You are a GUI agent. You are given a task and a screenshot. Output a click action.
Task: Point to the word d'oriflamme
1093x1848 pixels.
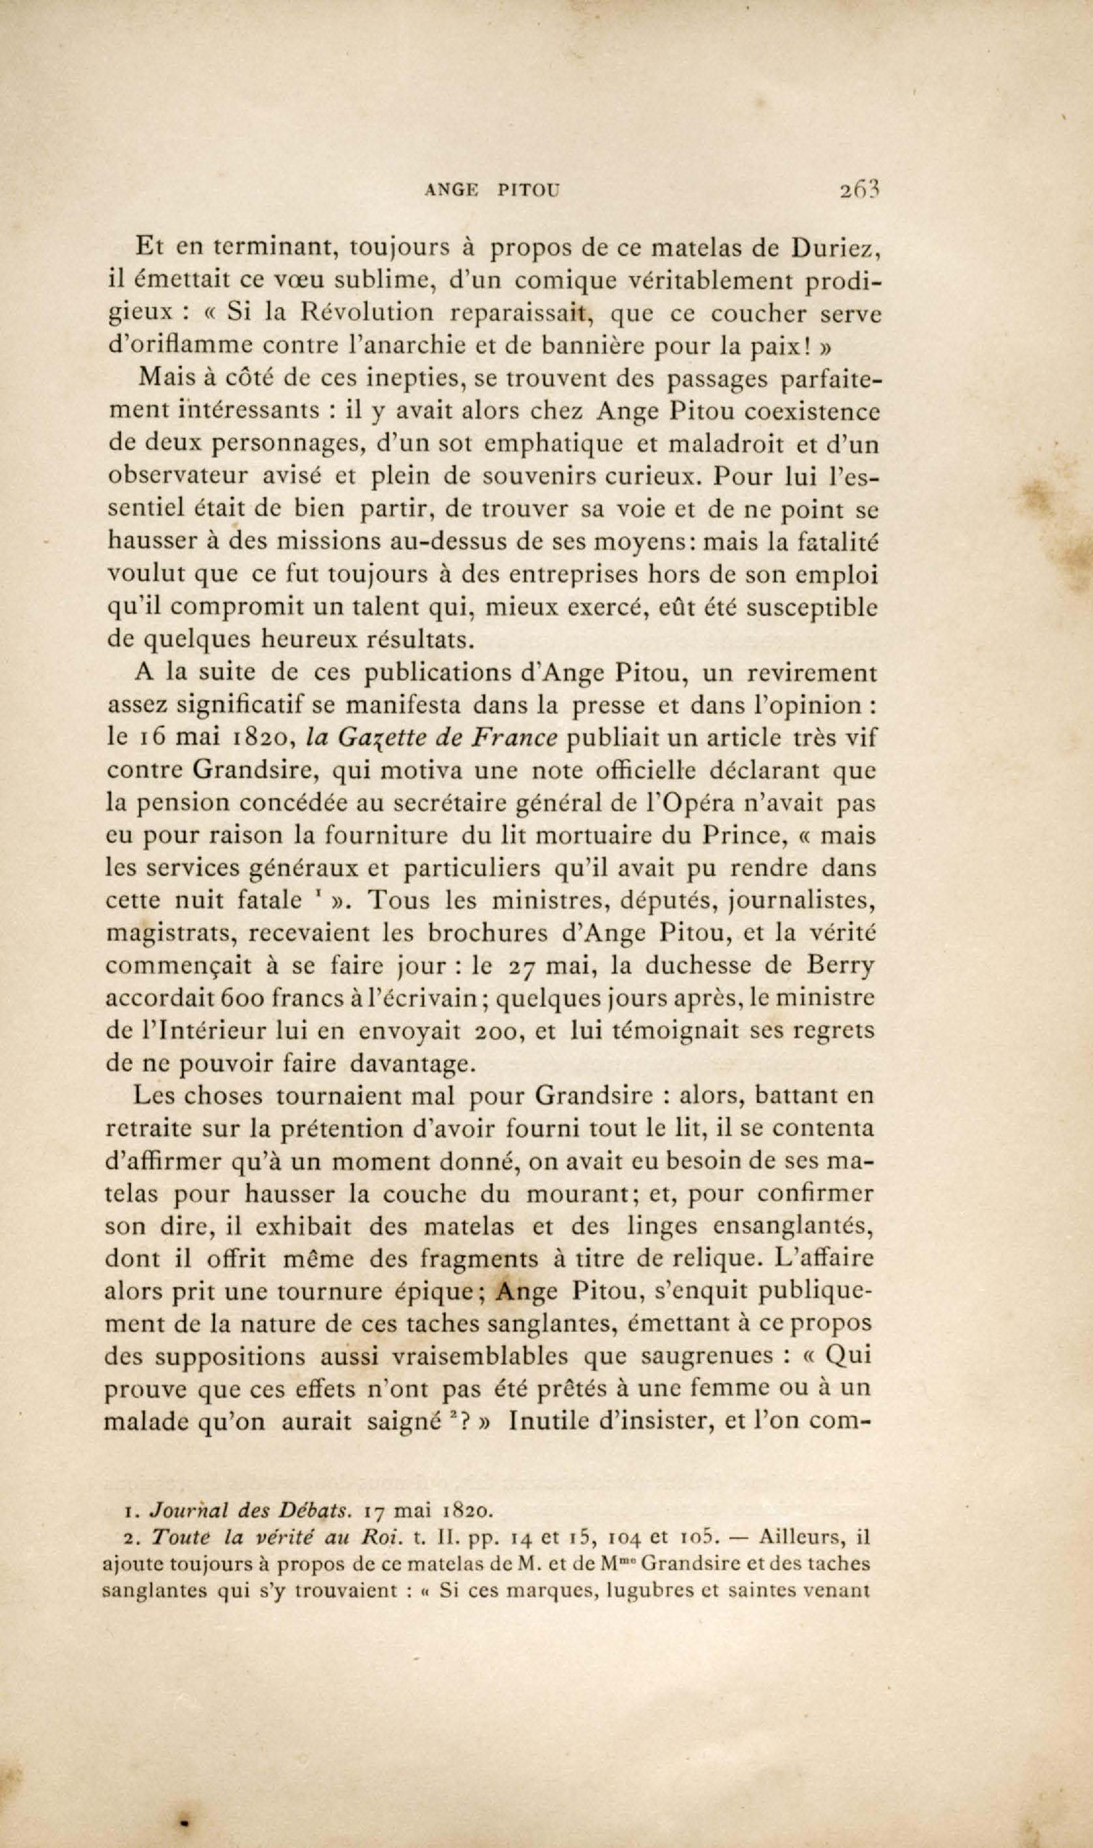[x=180, y=345]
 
